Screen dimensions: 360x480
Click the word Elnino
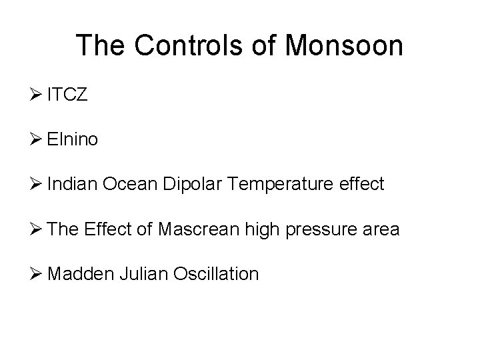pos(73,139)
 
